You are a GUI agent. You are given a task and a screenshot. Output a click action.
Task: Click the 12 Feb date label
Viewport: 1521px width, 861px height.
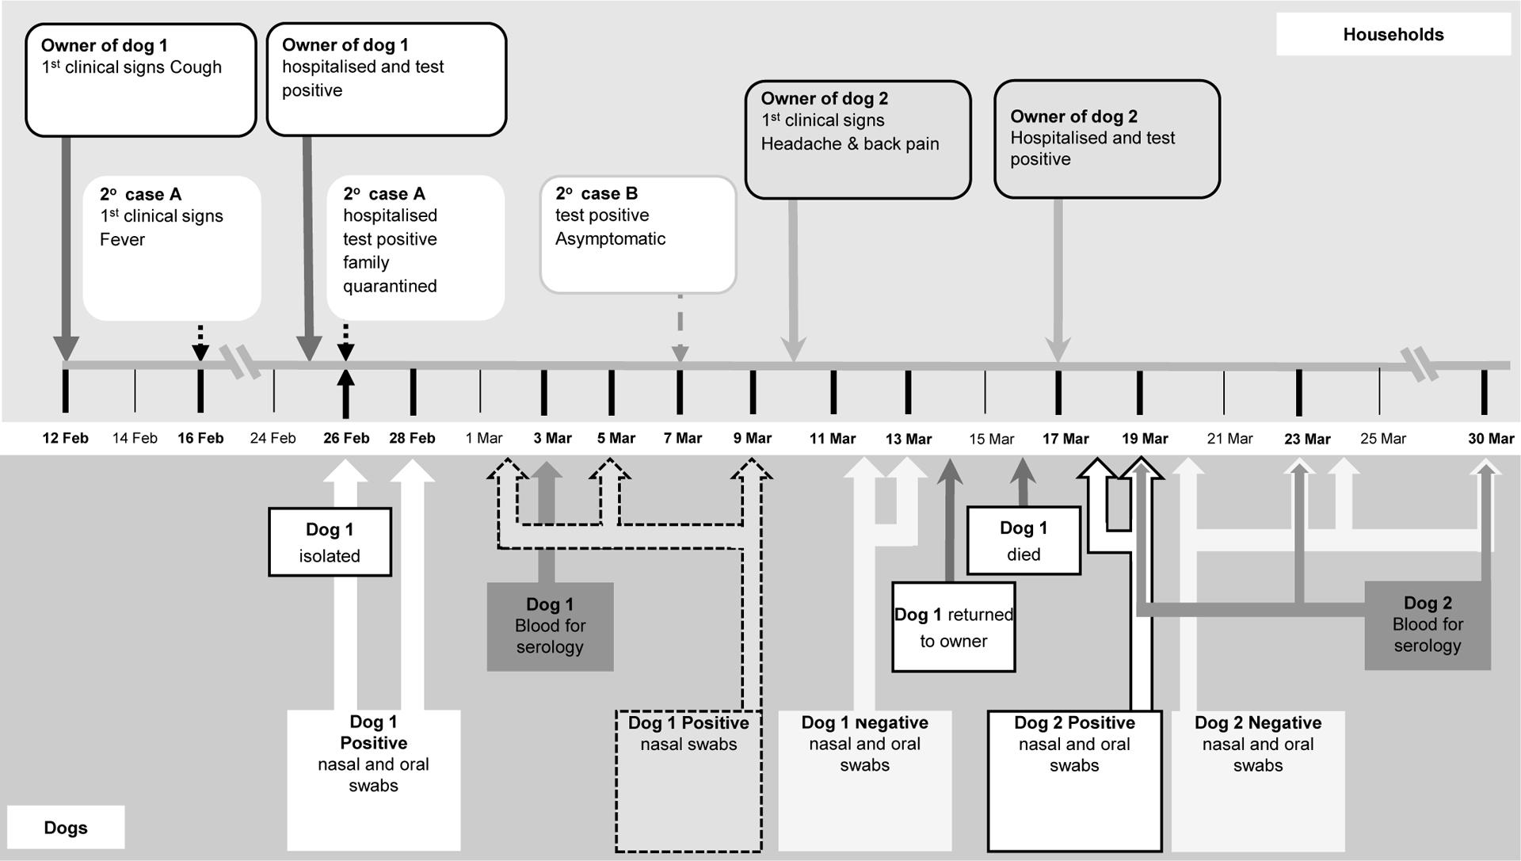[65, 438]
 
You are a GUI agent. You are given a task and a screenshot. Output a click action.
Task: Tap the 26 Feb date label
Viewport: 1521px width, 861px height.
[346, 438]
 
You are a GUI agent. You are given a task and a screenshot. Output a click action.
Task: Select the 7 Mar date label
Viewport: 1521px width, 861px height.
[683, 438]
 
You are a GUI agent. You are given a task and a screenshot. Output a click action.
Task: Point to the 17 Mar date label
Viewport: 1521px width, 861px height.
[1065, 439]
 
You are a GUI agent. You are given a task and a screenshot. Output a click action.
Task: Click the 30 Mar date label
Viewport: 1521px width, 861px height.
[1491, 439]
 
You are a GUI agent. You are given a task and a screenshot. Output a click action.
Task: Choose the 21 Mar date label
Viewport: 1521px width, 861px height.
[1229, 439]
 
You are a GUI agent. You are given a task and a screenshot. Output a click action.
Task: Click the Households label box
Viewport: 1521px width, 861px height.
[1393, 34]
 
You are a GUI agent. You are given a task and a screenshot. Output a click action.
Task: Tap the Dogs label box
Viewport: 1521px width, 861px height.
[66, 828]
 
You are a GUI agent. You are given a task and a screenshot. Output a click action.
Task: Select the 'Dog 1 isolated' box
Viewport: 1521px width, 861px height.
[330, 542]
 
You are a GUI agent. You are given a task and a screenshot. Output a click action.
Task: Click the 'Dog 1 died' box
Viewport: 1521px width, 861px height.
[1024, 540]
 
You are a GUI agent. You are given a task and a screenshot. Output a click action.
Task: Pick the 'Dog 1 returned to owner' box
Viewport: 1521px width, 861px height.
[954, 627]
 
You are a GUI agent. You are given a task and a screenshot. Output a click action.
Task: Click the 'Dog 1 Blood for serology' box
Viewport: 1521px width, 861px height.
[550, 627]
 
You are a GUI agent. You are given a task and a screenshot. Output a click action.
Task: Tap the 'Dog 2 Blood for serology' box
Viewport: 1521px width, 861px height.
[1428, 625]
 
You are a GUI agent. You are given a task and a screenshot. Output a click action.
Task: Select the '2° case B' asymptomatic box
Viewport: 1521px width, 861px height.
[639, 234]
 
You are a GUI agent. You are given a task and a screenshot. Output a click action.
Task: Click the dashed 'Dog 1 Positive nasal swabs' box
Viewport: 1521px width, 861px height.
[689, 781]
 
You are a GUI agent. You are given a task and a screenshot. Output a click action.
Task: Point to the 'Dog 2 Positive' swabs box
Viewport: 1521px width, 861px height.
[1075, 781]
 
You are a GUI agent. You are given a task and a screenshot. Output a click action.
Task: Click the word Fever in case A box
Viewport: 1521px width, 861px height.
[122, 239]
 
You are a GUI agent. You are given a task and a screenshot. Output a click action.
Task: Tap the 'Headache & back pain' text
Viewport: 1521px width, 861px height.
[850, 143]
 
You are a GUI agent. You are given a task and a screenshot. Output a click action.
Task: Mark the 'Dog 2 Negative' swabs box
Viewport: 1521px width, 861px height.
[1258, 781]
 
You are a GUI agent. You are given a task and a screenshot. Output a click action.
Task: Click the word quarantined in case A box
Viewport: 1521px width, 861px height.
[390, 286]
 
